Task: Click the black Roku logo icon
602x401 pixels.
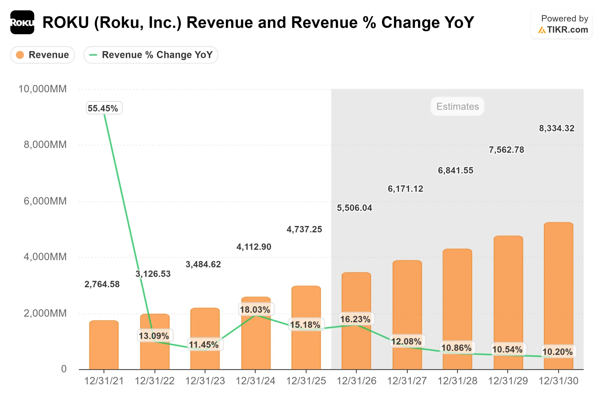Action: pos(22,22)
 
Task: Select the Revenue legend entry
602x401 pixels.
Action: pos(43,55)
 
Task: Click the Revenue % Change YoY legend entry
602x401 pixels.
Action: pos(151,55)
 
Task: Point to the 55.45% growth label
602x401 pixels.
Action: pos(104,108)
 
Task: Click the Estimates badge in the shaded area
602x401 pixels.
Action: pos(457,106)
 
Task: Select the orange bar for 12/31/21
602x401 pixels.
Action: pos(104,345)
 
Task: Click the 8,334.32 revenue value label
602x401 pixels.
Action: pos(557,128)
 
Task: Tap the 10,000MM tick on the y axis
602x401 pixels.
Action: pos(43,89)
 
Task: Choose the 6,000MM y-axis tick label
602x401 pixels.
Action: pos(45,201)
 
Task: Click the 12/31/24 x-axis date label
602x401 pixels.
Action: pos(255,381)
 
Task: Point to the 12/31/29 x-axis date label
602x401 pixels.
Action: pos(508,381)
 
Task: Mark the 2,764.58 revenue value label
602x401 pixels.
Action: pos(102,284)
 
